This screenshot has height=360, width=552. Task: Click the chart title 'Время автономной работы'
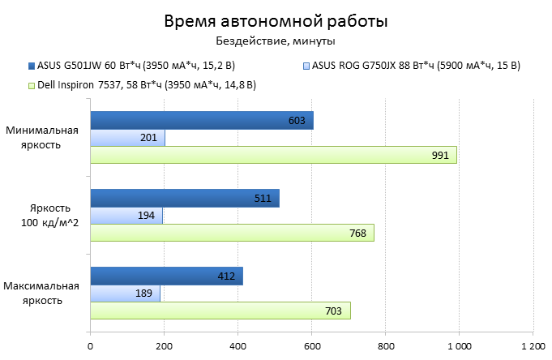click(276, 20)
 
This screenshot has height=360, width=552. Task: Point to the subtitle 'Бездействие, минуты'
click(276, 41)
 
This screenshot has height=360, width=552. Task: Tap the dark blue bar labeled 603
click(201, 121)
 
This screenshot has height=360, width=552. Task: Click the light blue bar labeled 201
click(127, 138)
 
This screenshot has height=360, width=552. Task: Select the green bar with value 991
click(273, 155)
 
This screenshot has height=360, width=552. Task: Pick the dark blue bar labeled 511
click(185, 198)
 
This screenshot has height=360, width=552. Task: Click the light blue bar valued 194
click(126, 215)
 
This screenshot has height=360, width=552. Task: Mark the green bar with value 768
click(232, 233)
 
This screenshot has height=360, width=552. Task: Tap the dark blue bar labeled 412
click(166, 276)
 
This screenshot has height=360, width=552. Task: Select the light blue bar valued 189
click(125, 293)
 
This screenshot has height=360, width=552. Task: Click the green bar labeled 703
click(220, 310)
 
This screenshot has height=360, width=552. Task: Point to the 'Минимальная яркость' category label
click(42, 137)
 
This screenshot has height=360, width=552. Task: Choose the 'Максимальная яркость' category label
click(42, 293)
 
